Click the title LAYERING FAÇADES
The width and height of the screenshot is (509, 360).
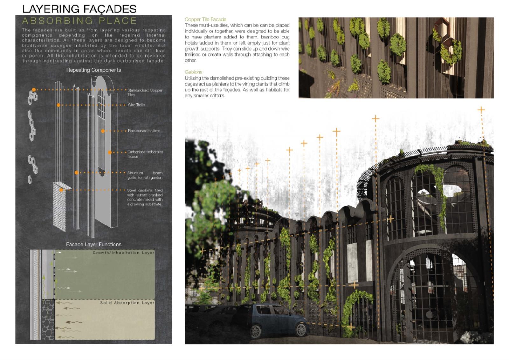point(79,9)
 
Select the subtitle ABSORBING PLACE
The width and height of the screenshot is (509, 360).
point(79,21)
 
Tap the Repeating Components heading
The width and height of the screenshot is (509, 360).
point(94,70)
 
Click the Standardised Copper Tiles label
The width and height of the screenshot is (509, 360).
point(144,93)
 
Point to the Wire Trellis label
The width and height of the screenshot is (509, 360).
point(136,105)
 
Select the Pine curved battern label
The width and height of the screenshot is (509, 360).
point(144,131)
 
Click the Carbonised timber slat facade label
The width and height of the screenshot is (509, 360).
point(145,154)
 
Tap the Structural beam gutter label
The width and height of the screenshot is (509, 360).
point(145,175)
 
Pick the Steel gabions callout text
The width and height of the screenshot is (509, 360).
point(145,197)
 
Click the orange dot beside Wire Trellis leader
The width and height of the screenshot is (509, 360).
point(59,105)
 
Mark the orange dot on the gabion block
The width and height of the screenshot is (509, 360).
point(61,190)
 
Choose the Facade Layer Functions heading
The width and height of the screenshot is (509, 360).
point(94,244)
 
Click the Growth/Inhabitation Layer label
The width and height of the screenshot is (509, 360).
point(123,253)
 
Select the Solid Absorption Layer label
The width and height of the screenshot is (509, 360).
point(127,303)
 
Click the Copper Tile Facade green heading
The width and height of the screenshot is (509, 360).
point(206,19)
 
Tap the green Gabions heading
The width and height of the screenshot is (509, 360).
point(193,72)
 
